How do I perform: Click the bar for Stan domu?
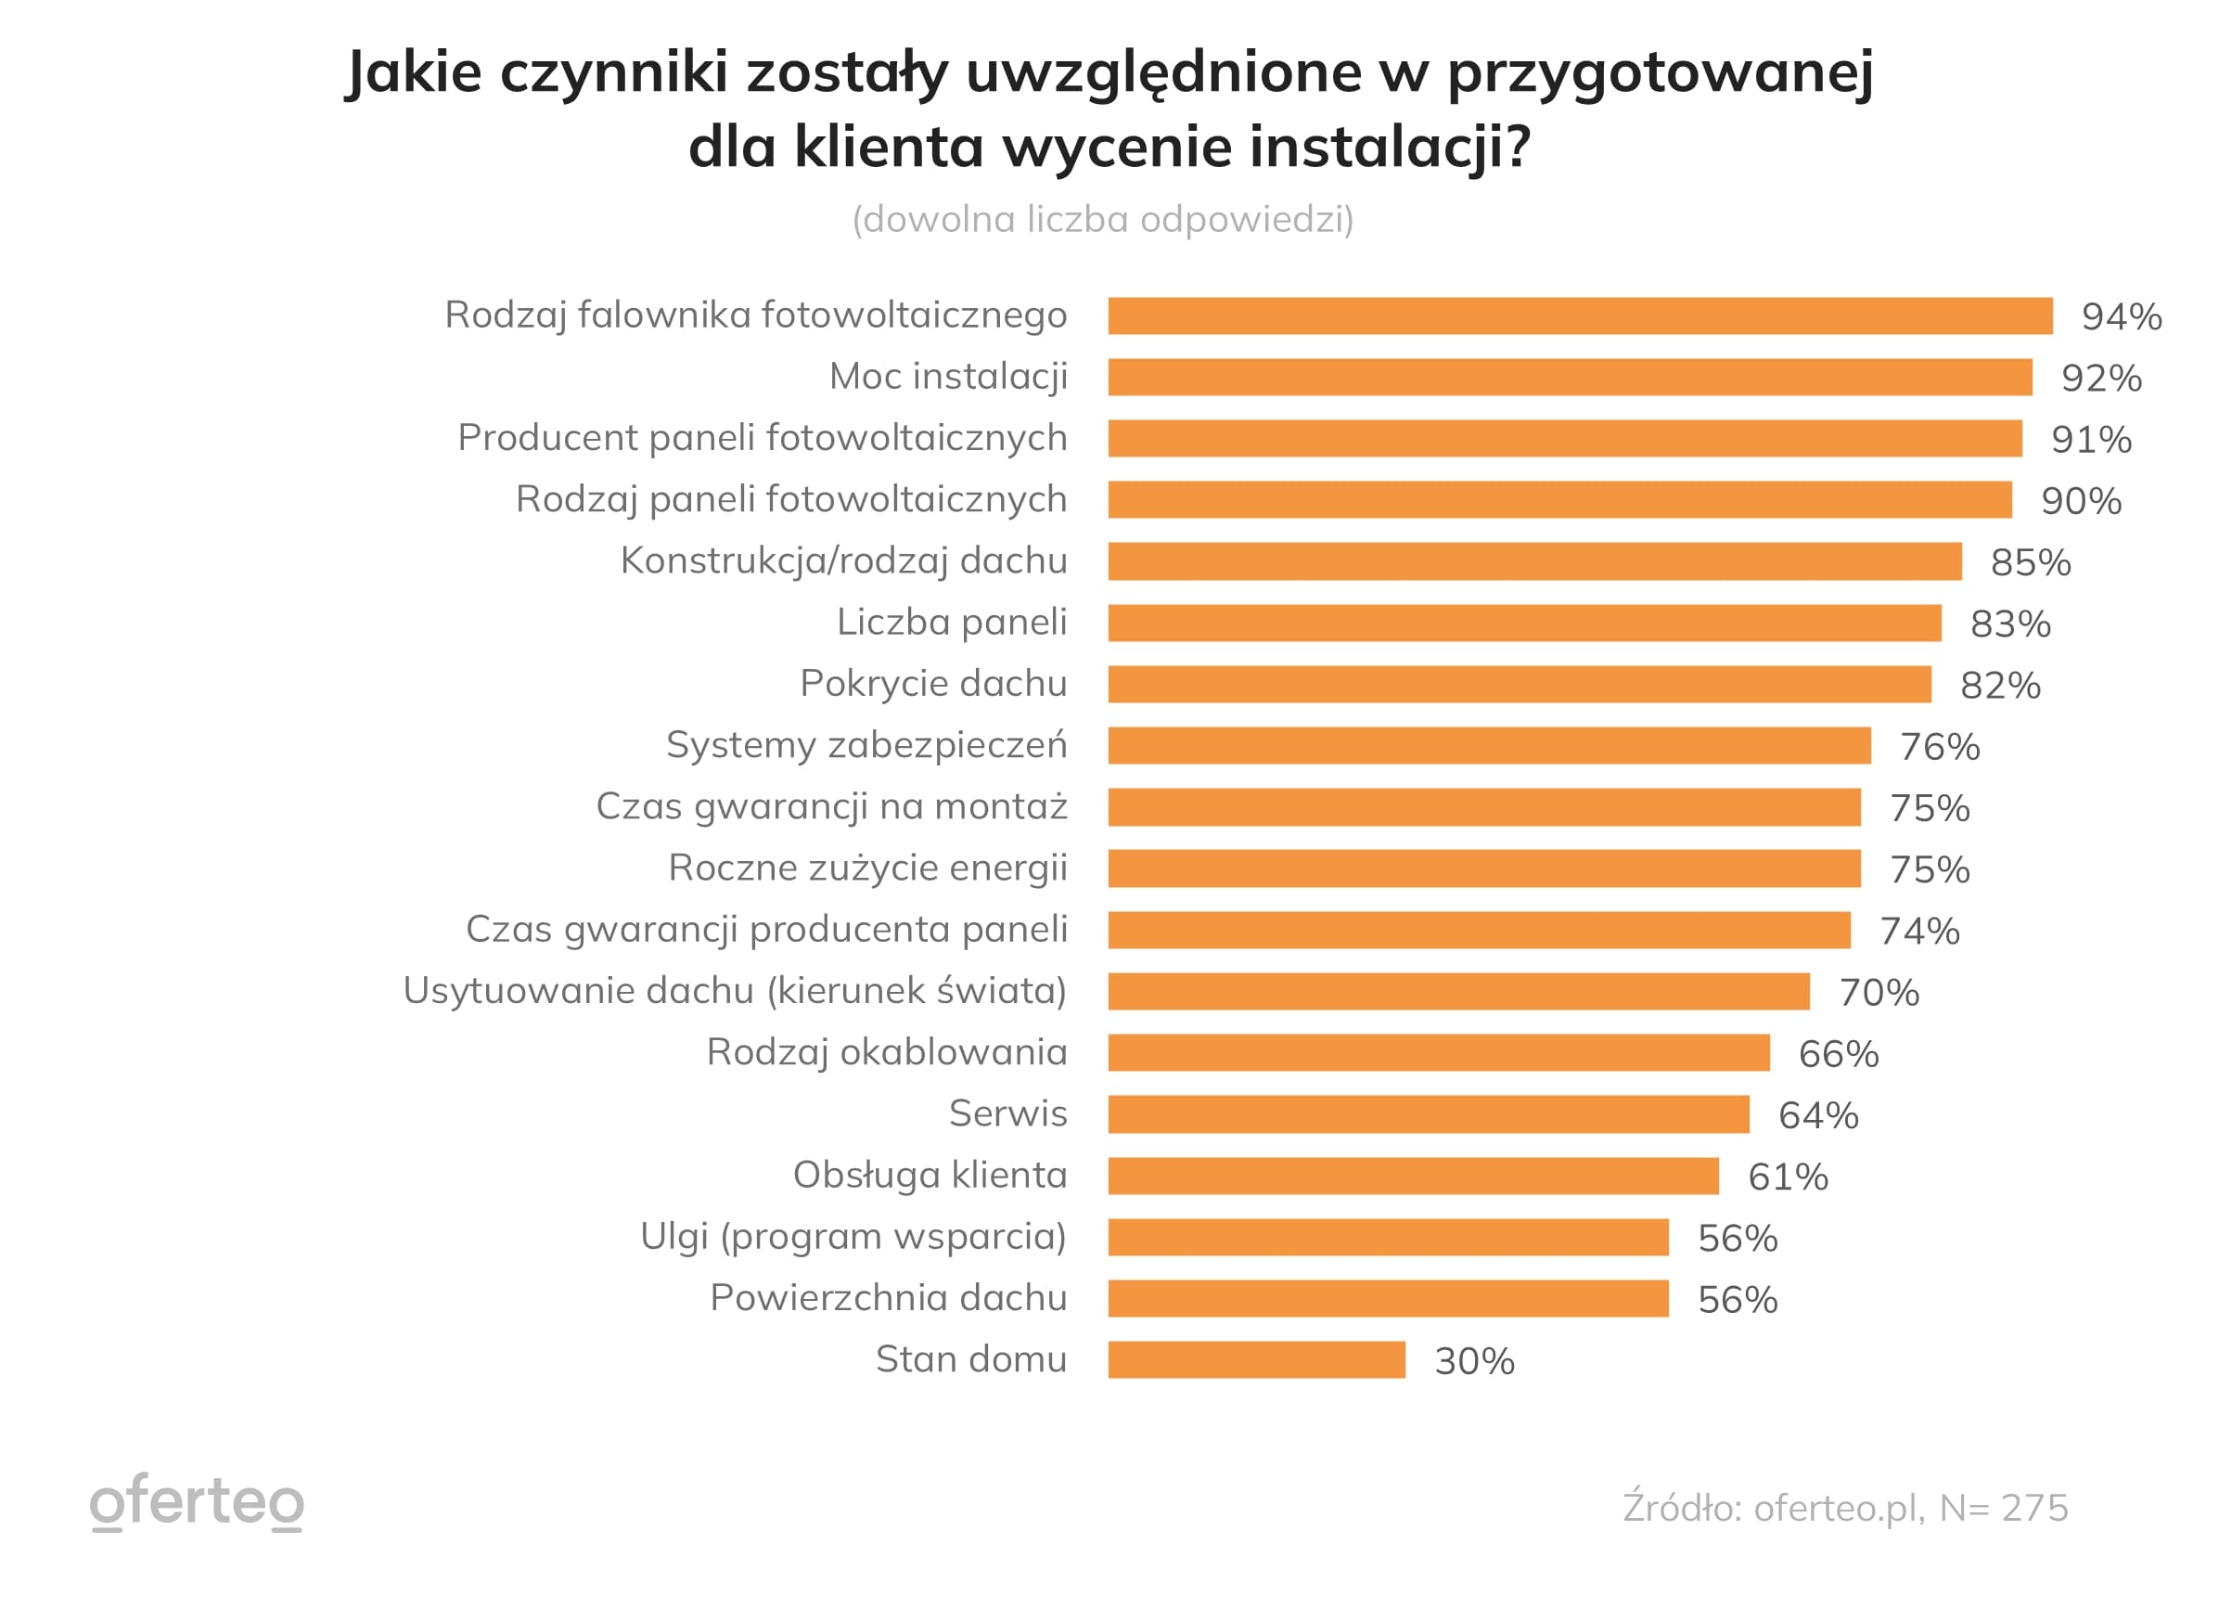(1256, 1359)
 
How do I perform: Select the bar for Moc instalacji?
(1570, 377)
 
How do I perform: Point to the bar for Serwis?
(1428, 1113)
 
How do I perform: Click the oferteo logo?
(197, 1502)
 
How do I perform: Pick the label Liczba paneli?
(951, 623)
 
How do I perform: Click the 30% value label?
(1473, 1361)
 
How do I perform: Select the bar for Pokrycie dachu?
(1519, 684)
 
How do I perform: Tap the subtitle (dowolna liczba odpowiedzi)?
(1103, 219)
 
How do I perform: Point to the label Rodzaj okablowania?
(887, 1052)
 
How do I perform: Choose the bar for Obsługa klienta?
(1413, 1176)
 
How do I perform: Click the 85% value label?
(2030, 562)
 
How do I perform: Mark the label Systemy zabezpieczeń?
(866, 745)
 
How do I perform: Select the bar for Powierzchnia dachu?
(1388, 1298)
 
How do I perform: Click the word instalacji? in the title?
(1390, 147)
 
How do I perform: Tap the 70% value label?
(1879, 993)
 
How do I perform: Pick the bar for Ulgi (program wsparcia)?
(1388, 1237)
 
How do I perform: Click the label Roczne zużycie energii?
(866, 868)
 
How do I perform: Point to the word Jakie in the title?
(414, 72)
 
